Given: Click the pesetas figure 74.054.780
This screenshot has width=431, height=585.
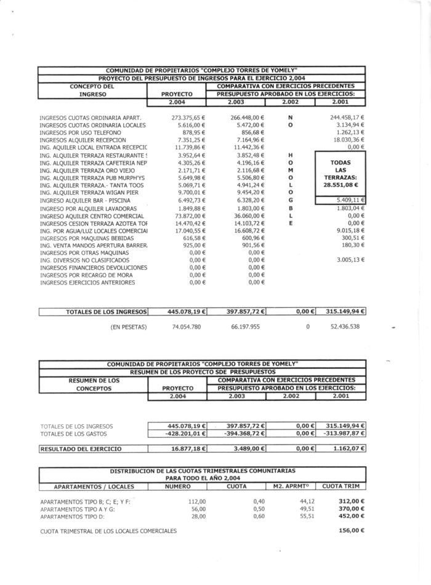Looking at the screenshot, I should point(188,326).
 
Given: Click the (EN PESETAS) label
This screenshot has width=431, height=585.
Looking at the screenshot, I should point(129,326).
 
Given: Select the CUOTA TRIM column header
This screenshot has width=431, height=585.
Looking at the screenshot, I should point(340,486).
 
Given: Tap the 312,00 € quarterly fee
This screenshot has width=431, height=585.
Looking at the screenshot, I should point(352,501).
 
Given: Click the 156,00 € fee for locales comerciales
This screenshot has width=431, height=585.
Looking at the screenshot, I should point(352,530).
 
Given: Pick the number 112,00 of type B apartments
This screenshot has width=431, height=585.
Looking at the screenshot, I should point(197,501).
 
